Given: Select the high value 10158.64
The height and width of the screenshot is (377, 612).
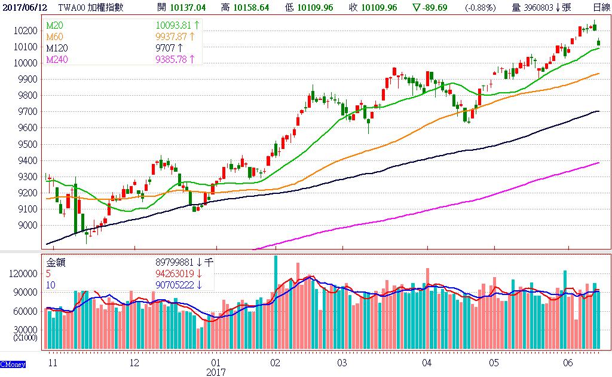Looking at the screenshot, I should [x=253, y=7].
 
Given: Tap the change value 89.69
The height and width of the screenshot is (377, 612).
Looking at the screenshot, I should [x=443, y=7].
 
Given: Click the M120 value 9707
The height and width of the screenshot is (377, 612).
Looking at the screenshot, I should [x=165, y=48].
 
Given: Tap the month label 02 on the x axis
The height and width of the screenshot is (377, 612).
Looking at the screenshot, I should [x=275, y=363].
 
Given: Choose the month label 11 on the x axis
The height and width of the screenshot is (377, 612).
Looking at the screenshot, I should [x=53, y=363].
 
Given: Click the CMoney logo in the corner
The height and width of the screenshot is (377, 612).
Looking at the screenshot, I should [x=12, y=364].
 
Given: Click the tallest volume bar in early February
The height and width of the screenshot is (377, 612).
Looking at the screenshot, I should [x=276, y=302].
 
